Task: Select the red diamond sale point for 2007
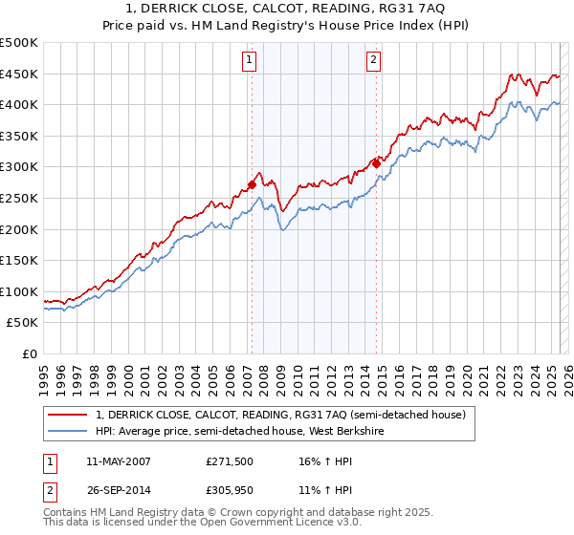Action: click(x=252, y=184)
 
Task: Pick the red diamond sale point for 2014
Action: click(x=377, y=163)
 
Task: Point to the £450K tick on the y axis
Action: click(x=19, y=74)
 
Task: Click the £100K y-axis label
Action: click(x=19, y=291)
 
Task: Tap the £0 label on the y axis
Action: click(x=29, y=353)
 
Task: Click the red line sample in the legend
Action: click(x=67, y=415)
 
